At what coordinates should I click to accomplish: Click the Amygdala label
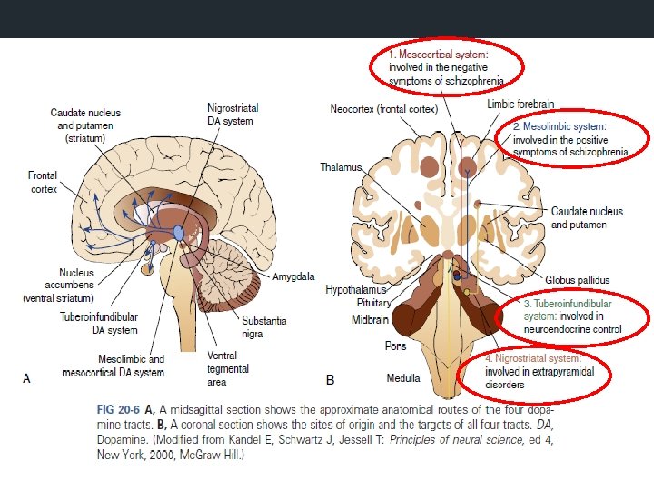pyautogui.click(x=292, y=276)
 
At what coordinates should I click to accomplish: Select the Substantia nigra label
pyautogui.click(x=263, y=326)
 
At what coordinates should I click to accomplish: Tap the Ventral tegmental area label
pyautogui.click(x=223, y=368)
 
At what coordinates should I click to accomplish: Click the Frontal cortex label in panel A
pyautogui.click(x=42, y=182)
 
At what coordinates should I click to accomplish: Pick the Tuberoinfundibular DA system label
pyautogui.click(x=99, y=323)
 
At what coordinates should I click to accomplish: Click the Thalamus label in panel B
pyautogui.click(x=342, y=167)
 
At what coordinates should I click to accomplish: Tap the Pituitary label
pyautogui.click(x=373, y=303)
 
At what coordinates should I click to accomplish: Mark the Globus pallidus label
pyautogui.click(x=578, y=280)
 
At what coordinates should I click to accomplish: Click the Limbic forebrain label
pyautogui.click(x=520, y=105)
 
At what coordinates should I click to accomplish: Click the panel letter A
pyautogui.click(x=26, y=378)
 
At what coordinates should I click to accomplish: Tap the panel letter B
pyautogui.click(x=331, y=378)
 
